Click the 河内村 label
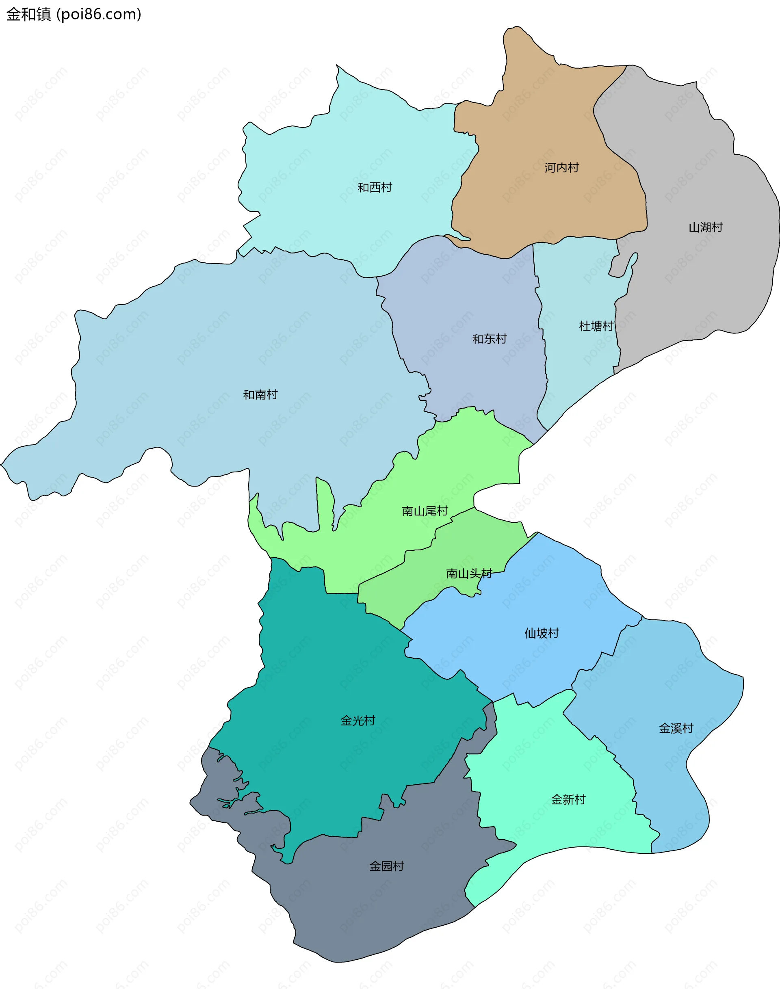click(x=561, y=168)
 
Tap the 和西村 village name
click(x=375, y=188)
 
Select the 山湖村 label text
click(x=706, y=227)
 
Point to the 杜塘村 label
click(x=596, y=326)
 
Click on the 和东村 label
click(x=489, y=339)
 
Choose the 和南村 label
click(x=260, y=394)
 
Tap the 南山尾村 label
click(x=425, y=511)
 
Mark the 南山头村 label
click(x=469, y=573)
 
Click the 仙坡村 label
click(x=542, y=633)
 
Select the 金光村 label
click(x=357, y=721)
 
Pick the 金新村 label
click(x=568, y=799)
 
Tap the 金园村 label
click(x=386, y=866)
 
